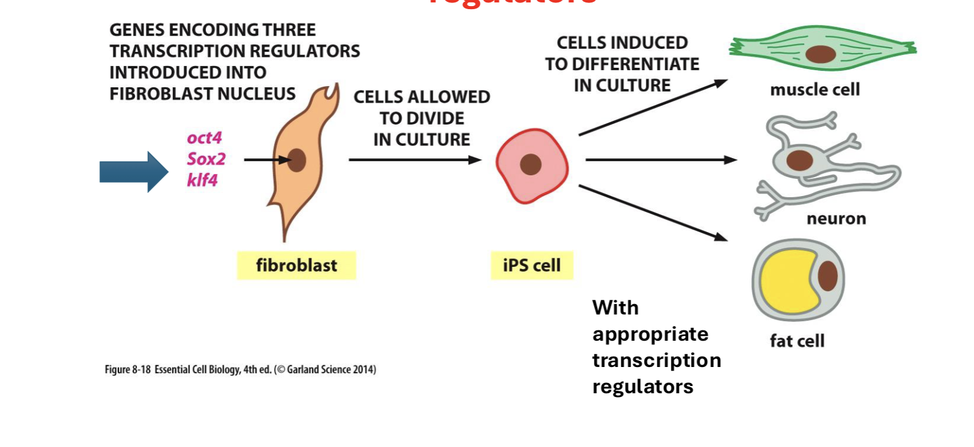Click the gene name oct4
point(204,138)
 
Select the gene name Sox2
point(206,159)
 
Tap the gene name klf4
point(202,180)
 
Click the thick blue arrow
point(133,172)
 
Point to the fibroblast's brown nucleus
point(297,160)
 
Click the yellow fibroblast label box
point(296,266)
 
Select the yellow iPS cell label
point(532,266)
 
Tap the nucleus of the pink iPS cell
point(530,164)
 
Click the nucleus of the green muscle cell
point(820,54)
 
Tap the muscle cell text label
point(815,90)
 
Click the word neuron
point(836,219)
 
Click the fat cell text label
point(797,341)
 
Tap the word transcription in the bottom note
point(656,360)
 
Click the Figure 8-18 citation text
point(240,369)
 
